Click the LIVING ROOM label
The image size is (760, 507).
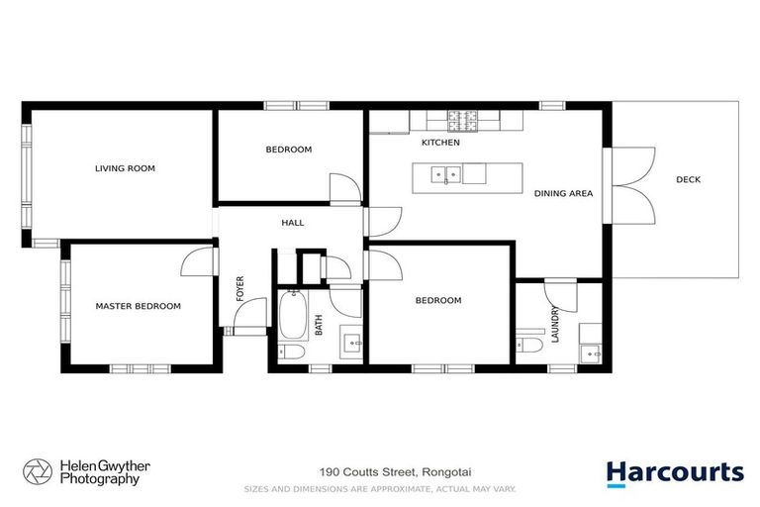click(125, 168)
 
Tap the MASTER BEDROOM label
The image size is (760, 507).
click(138, 306)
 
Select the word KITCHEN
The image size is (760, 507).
click(440, 144)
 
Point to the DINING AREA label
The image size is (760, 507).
click(563, 194)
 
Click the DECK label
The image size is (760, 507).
click(688, 179)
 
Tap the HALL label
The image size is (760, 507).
click(292, 223)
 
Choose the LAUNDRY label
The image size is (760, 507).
click(555, 324)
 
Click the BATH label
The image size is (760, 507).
click(319, 325)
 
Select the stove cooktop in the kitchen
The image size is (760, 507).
click(462, 122)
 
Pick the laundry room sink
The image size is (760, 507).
click(592, 349)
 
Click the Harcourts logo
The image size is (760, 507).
click(674, 473)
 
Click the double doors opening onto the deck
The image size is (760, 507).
click(630, 184)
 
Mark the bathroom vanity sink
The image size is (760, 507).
click(352, 343)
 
